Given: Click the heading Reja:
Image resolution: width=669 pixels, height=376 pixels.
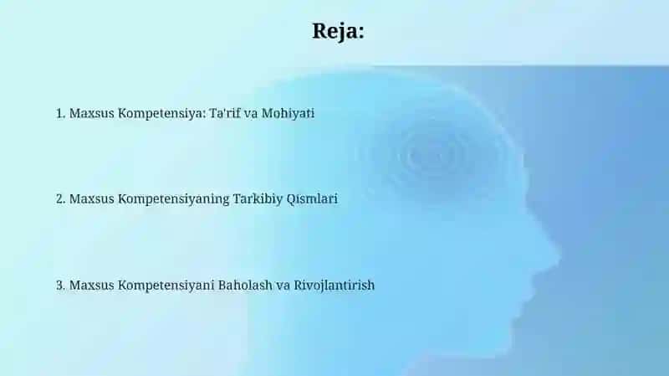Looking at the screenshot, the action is click(339, 32).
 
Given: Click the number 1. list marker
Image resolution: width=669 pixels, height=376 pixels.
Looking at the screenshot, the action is click(60, 113).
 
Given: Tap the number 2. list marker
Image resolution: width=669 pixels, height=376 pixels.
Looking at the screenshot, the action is click(60, 198).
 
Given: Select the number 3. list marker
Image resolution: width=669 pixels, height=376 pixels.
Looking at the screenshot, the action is click(60, 285).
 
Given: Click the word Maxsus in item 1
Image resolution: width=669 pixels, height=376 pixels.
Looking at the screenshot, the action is click(92, 113).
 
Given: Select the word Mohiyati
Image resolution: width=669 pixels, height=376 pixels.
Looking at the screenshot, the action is click(288, 114).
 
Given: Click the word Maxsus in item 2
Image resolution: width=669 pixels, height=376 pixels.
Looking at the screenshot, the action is click(92, 198).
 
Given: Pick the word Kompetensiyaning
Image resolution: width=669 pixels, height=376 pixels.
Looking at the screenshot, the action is click(174, 199).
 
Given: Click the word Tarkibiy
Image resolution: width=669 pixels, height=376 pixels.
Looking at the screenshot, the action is click(258, 199).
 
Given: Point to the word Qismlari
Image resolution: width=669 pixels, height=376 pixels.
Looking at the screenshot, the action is click(312, 199).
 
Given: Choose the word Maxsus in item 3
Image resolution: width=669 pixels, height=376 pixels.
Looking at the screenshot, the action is click(92, 285).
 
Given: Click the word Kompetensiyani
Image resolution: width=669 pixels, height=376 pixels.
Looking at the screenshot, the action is click(166, 286).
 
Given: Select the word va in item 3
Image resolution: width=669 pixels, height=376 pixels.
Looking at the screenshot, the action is click(283, 286).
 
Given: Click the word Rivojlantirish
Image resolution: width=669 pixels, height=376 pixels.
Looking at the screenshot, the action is click(334, 286).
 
